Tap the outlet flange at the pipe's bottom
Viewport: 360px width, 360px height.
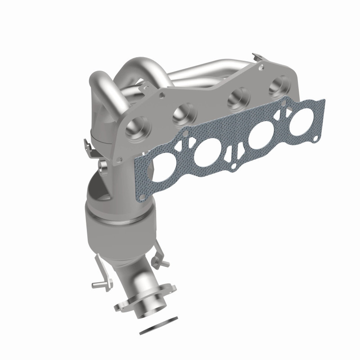tap(144, 302)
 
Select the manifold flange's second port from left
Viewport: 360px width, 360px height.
tap(184, 111)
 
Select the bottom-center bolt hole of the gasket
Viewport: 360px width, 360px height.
tap(234, 167)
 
